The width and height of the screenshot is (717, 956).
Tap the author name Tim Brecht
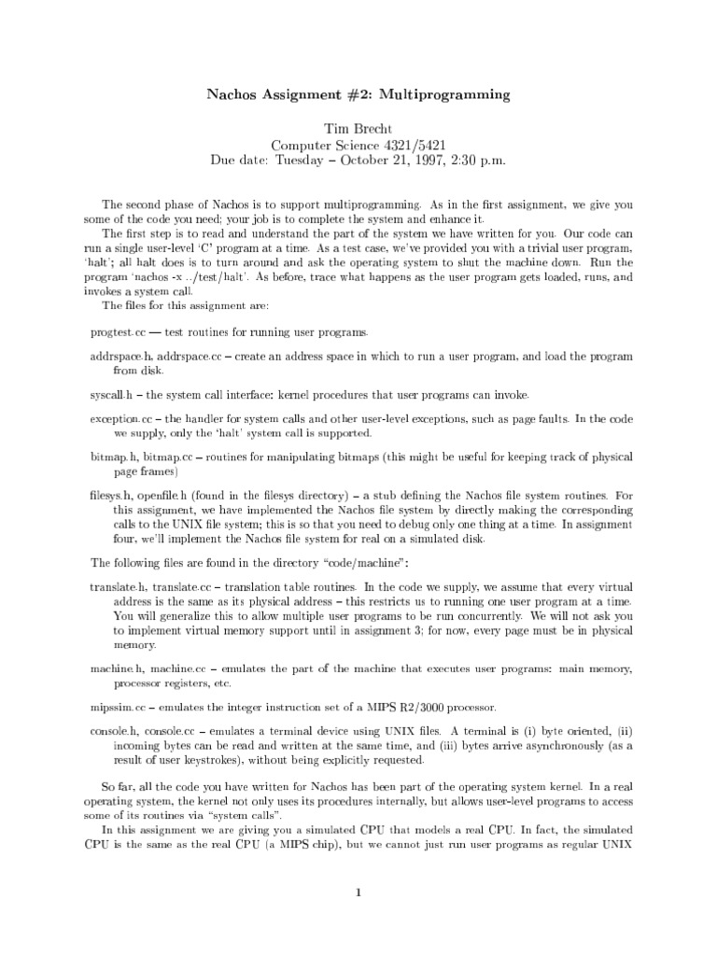(358, 128)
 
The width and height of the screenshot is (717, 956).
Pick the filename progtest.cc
(118, 333)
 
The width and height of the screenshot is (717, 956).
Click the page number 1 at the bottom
(358, 893)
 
